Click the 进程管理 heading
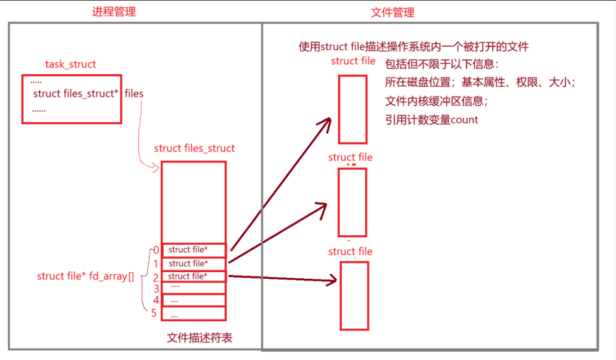coord(113,12)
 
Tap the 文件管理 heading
coord(392,12)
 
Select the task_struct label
coord(70,64)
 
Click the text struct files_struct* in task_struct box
coord(76,93)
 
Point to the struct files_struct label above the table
coord(194,148)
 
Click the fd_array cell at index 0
coord(194,250)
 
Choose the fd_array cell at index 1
coord(194,263)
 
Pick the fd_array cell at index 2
coord(194,277)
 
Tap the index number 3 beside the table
coord(156,288)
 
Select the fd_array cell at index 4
coord(194,300)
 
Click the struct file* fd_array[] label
coord(85,276)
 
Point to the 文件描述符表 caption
coord(200,338)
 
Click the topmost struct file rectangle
coord(352,109)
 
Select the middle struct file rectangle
coord(352,202)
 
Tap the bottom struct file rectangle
coord(354,296)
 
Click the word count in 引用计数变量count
coord(464,119)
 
